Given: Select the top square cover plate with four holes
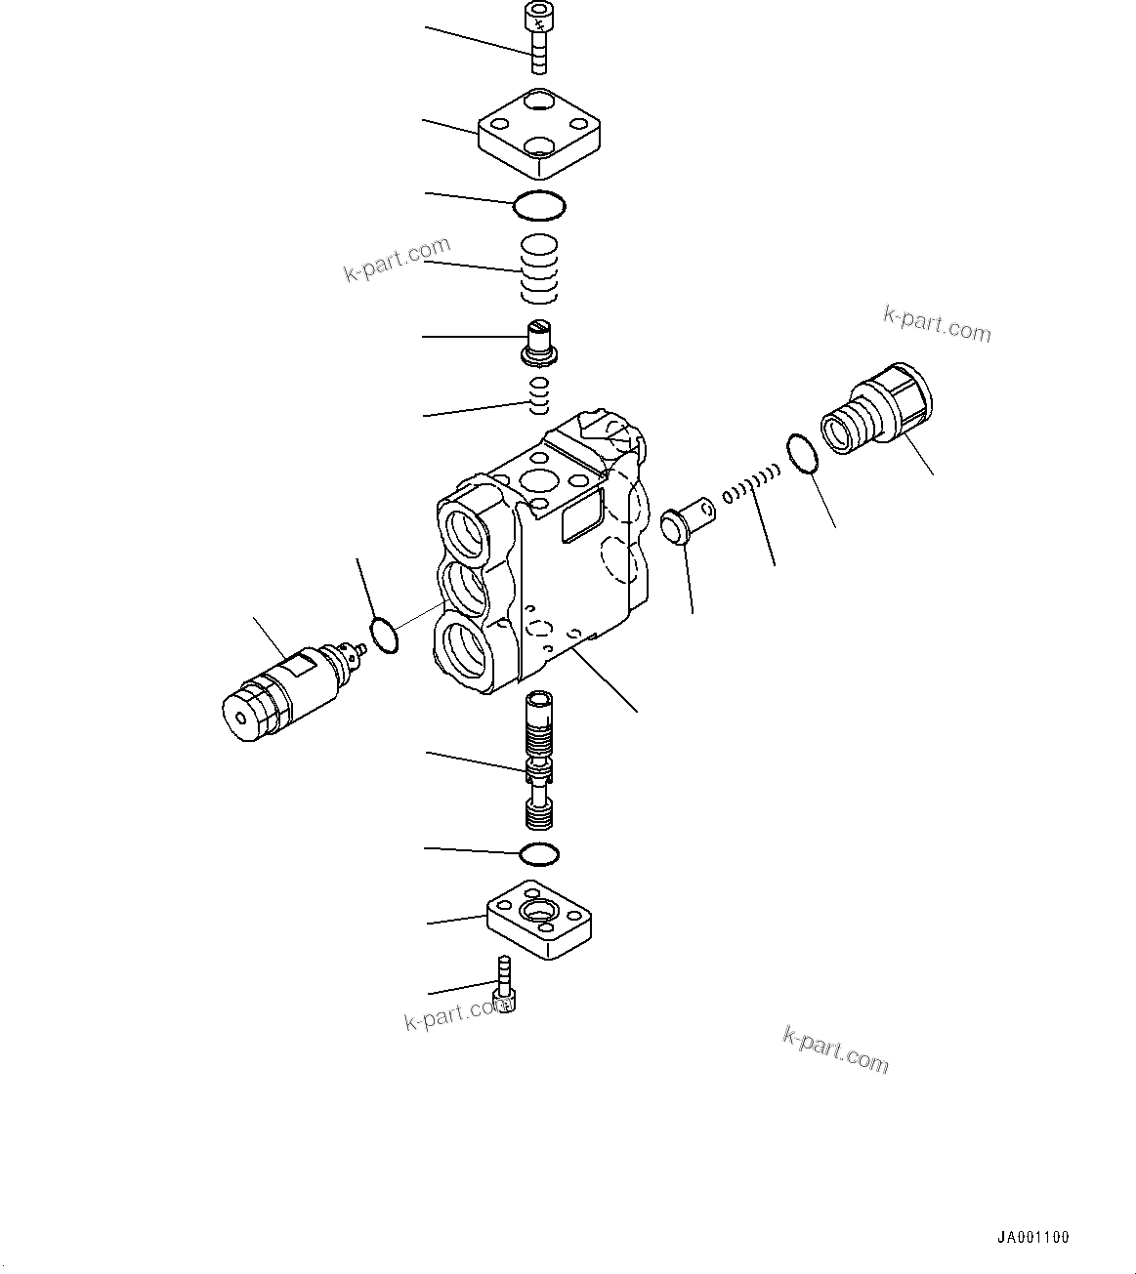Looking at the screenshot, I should pyautogui.click(x=538, y=135).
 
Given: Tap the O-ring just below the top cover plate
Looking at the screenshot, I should pyautogui.click(x=539, y=205).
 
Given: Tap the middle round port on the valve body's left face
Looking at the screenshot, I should pyautogui.click(x=466, y=592).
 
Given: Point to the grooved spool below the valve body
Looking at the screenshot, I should pyautogui.click(x=540, y=759).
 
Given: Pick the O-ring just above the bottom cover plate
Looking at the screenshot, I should pyautogui.click(x=539, y=854).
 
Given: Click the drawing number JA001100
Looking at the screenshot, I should pyautogui.click(x=1033, y=1237).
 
